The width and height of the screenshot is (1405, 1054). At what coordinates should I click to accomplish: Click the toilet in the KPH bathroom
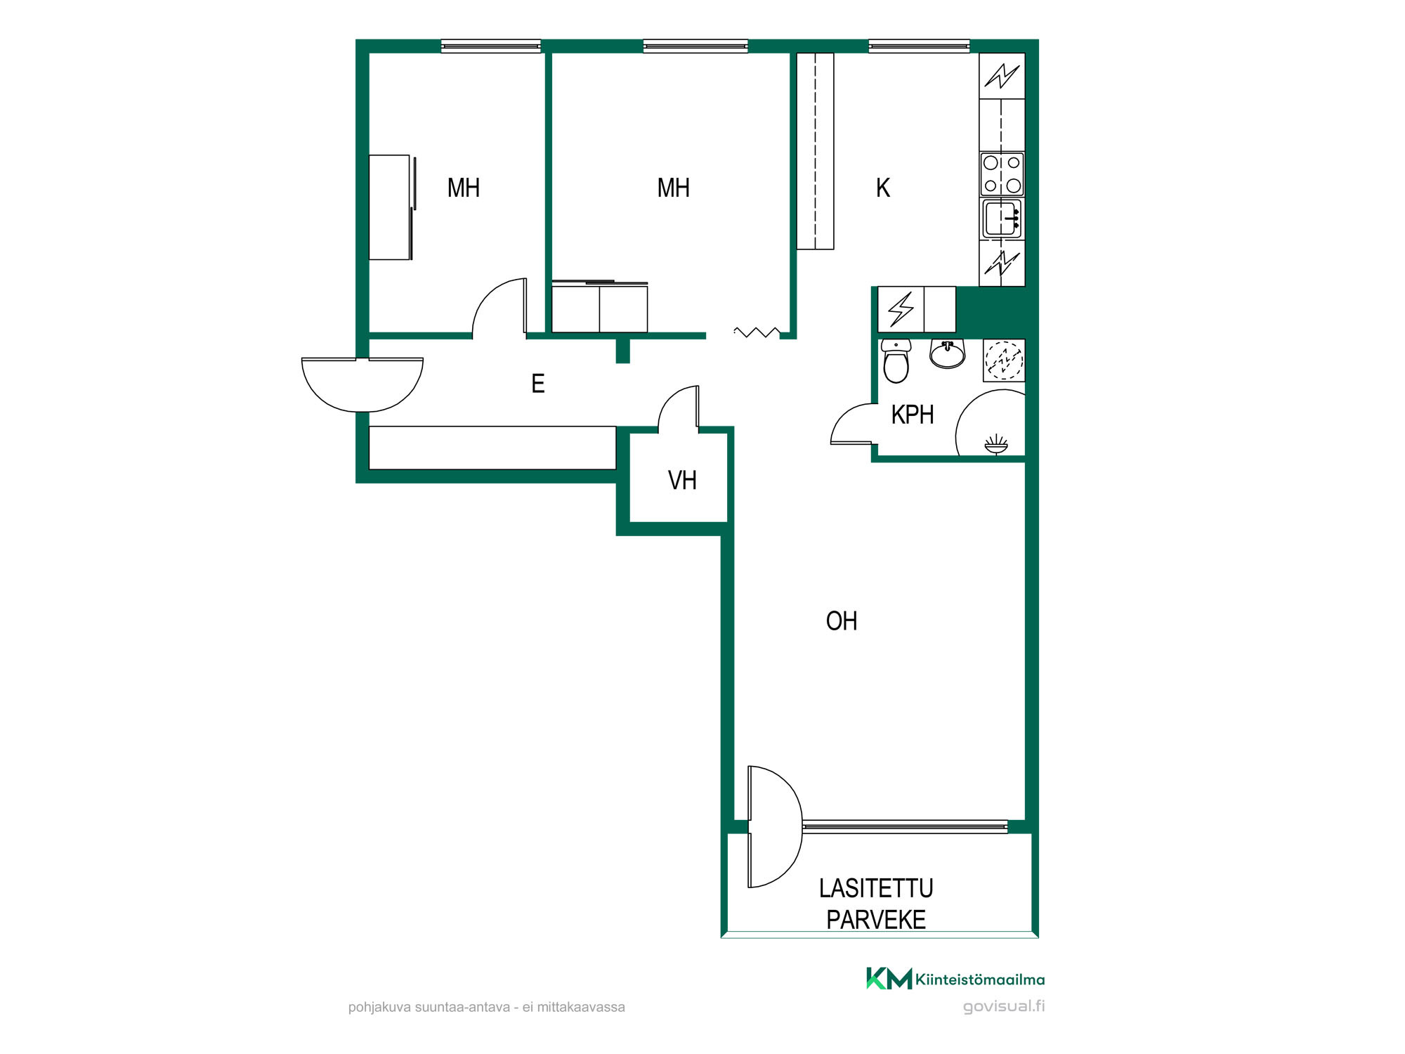point(896,360)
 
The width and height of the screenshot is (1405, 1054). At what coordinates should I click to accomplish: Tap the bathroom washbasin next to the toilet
point(948,353)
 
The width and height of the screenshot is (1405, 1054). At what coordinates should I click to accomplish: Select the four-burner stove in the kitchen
point(1002,174)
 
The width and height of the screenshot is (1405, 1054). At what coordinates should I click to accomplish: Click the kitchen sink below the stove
point(1002,219)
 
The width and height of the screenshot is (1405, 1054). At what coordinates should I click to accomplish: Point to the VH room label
point(682,481)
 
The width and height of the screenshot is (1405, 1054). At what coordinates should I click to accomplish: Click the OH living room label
point(842,621)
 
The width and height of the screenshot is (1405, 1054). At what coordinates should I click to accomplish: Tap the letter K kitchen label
point(883,188)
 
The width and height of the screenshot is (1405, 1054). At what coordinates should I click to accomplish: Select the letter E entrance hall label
point(538,384)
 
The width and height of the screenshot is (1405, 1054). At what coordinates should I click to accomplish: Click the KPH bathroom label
point(913,415)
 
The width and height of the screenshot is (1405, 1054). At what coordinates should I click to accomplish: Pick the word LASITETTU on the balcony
point(876,889)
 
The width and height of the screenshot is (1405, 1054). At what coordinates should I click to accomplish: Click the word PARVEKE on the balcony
point(876,920)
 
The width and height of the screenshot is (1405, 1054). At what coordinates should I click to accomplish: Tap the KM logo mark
point(889,979)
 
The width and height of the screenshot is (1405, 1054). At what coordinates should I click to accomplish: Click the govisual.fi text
point(1004,1006)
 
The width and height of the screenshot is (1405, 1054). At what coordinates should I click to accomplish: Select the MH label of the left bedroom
point(464,188)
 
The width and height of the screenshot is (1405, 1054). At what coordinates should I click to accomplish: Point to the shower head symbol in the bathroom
point(995,445)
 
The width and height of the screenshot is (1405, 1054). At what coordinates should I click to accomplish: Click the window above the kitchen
point(919,46)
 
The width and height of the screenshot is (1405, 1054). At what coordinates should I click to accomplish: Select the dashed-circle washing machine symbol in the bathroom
point(1003,360)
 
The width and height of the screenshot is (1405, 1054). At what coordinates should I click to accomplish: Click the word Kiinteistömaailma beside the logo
point(980,980)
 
